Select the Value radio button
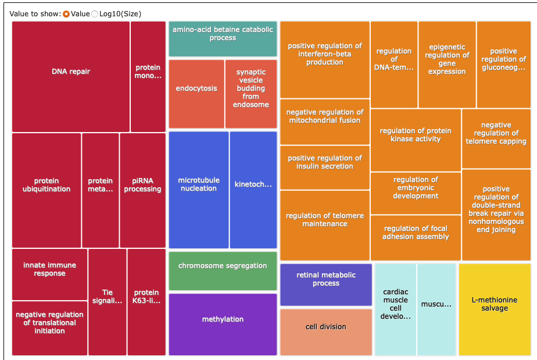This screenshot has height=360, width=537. coord(66,14)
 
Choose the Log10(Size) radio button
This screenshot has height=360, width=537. coord(95,14)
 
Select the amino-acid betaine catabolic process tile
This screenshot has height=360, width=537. coord(223,39)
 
